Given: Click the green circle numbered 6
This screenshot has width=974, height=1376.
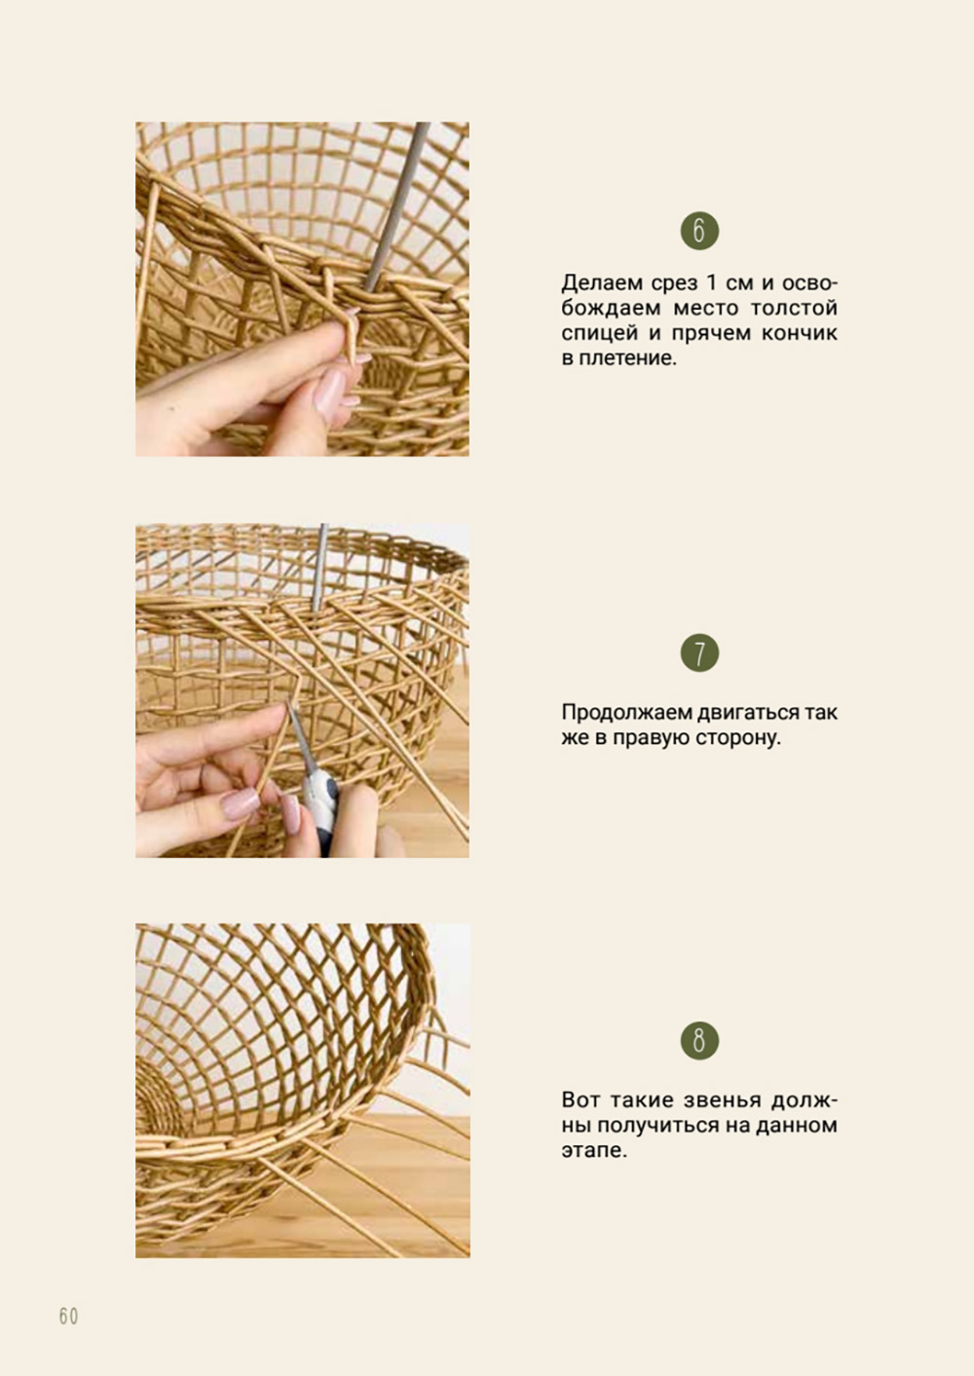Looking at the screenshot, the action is (x=699, y=231).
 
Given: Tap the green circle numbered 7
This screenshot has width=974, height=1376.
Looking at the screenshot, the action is (x=699, y=653).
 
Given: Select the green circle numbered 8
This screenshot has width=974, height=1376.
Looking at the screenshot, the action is (x=699, y=1041).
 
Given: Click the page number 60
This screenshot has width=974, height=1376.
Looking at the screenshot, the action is (x=69, y=1317).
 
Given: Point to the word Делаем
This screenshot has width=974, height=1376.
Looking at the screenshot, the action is (x=600, y=282).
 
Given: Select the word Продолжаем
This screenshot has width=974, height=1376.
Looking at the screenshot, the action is (x=627, y=713).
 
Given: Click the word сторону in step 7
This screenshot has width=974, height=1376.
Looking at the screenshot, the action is (x=737, y=737).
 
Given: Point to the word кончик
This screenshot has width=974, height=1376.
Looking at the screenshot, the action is (x=800, y=333).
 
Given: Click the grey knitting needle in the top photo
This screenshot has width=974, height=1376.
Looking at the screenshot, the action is (x=395, y=207).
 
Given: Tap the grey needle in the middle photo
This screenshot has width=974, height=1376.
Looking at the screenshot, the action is (x=319, y=568).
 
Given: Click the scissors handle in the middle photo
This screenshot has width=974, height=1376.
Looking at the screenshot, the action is (x=321, y=808).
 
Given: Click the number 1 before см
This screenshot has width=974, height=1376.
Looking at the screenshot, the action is (x=712, y=283).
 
